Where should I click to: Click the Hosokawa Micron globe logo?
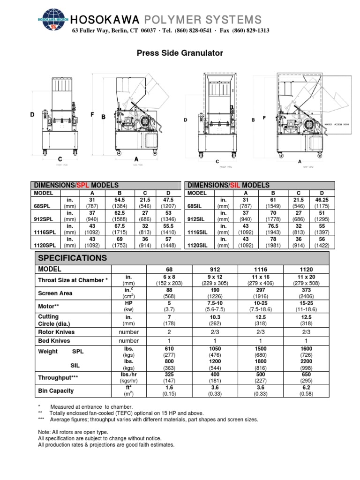(52, 21)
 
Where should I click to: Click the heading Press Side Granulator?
(180, 53)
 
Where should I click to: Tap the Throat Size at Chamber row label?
(73, 280)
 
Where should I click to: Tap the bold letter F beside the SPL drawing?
(92, 114)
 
